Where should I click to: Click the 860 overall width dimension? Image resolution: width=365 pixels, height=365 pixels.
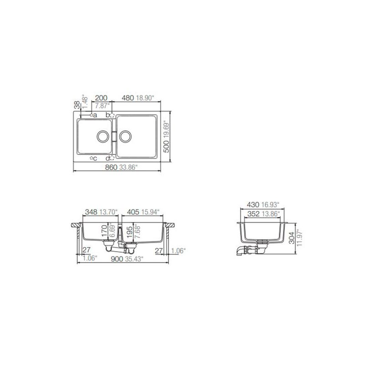[111, 167]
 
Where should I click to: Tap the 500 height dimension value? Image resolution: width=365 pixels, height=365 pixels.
[167, 146]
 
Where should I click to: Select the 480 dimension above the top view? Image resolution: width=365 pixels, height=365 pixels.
[128, 98]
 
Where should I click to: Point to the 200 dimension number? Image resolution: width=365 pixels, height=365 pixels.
[101, 98]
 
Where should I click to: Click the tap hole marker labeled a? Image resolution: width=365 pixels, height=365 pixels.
[92, 115]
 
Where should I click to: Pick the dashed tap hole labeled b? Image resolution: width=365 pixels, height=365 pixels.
[112, 115]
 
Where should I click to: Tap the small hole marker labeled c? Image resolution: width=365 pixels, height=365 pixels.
[92, 158]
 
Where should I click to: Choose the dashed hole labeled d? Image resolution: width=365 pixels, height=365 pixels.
[112, 158]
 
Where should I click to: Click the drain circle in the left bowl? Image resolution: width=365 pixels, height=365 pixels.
[103, 136]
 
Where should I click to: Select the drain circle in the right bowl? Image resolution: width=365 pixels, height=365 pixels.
[125, 136]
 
